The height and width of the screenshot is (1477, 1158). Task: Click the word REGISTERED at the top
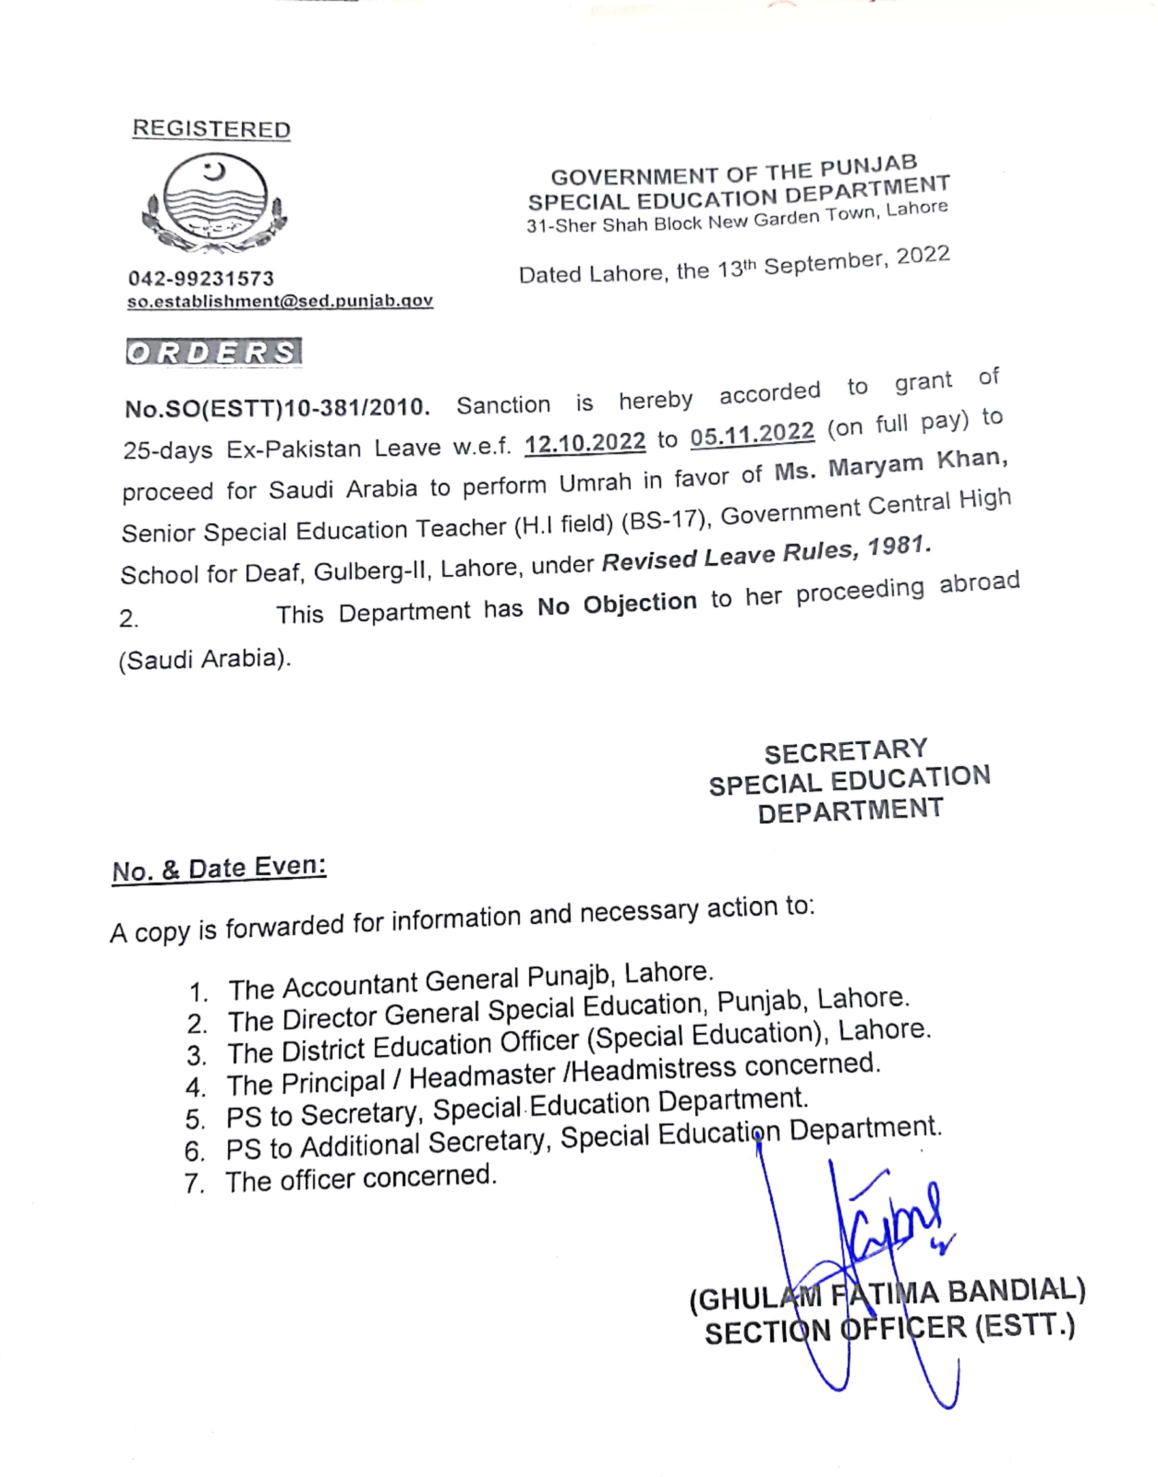(211, 129)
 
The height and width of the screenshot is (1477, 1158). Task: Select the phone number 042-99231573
(201, 278)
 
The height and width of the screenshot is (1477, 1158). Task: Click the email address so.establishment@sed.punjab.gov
(279, 301)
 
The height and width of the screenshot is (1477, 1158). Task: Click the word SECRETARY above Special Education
(845, 751)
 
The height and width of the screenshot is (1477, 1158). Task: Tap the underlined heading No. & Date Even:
(219, 869)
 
